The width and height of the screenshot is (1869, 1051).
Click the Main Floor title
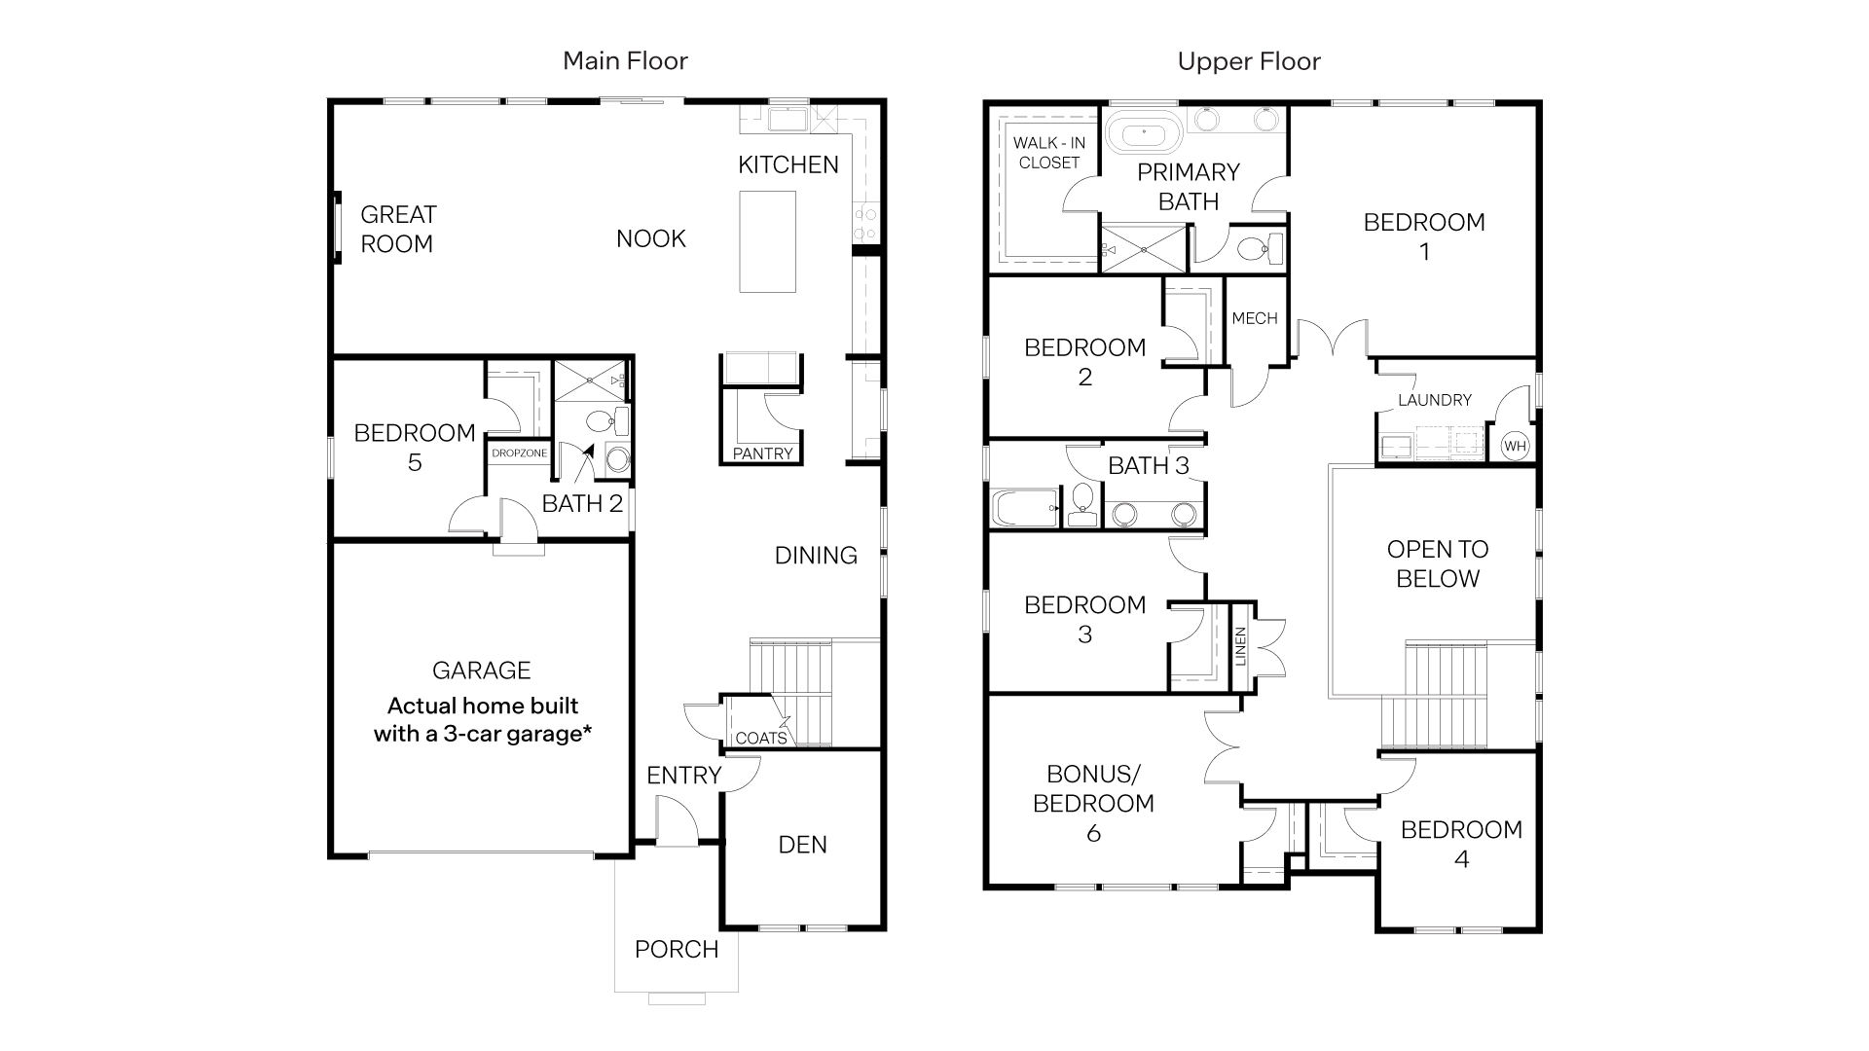(x=625, y=61)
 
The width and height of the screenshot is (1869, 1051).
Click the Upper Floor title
(x=1249, y=61)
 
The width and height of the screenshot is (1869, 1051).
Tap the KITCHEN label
(x=788, y=164)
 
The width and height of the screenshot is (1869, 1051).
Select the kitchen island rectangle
(x=767, y=241)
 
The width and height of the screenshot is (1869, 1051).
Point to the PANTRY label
(x=762, y=453)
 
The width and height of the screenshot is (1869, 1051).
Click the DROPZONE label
(x=519, y=453)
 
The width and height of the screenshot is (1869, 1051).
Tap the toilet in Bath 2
(x=600, y=421)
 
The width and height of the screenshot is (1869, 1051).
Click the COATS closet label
(x=760, y=738)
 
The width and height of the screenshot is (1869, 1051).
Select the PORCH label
(x=677, y=949)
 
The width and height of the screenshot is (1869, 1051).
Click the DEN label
(x=802, y=845)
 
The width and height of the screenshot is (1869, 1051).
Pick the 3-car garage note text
(x=483, y=719)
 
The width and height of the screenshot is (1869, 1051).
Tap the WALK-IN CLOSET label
(x=1048, y=153)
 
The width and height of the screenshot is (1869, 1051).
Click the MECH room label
(x=1254, y=318)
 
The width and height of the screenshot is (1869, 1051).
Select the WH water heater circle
(x=1515, y=447)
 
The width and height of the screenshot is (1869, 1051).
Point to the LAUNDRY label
(x=1434, y=400)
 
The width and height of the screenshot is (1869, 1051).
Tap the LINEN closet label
(x=1240, y=646)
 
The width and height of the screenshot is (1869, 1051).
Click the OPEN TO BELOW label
(x=1437, y=563)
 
